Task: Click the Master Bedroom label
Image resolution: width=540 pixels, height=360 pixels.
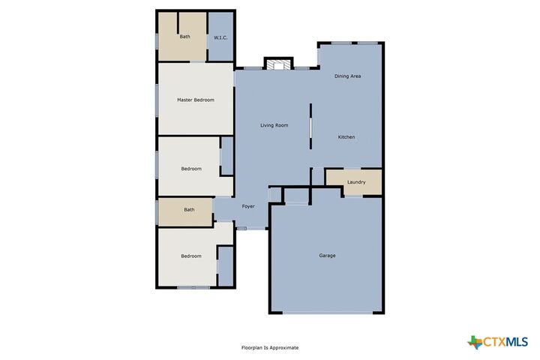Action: click(196, 100)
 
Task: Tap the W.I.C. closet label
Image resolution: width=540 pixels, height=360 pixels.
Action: click(220, 37)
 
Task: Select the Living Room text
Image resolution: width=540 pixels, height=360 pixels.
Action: click(274, 125)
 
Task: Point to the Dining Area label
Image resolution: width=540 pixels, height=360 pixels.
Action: click(347, 76)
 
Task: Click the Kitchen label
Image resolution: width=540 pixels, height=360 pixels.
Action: click(346, 137)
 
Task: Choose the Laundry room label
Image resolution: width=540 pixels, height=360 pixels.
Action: click(356, 182)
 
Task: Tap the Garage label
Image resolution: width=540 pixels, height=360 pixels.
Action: click(327, 256)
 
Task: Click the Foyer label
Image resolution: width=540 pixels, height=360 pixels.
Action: click(248, 206)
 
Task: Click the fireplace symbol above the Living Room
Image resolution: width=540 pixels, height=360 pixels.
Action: click(279, 65)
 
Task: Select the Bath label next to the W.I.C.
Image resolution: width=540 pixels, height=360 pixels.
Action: click(185, 37)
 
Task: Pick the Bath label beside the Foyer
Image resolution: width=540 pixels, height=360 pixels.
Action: click(189, 209)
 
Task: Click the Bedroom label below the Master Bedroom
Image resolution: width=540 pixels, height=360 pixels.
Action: click(191, 169)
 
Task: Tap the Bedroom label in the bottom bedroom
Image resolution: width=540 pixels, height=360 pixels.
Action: click(191, 256)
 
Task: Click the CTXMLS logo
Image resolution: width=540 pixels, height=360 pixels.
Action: click(497, 342)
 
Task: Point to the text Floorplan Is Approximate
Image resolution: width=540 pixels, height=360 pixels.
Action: click(270, 348)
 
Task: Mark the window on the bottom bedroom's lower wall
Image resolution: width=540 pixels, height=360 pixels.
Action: click(193, 287)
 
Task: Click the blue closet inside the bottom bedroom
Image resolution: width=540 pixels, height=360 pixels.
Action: click(226, 266)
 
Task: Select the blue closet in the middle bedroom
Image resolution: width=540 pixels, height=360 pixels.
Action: click(227, 156)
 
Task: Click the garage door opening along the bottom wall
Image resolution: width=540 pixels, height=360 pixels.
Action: click(327, 313)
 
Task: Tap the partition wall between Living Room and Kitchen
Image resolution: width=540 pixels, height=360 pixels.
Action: click(310, 126)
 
